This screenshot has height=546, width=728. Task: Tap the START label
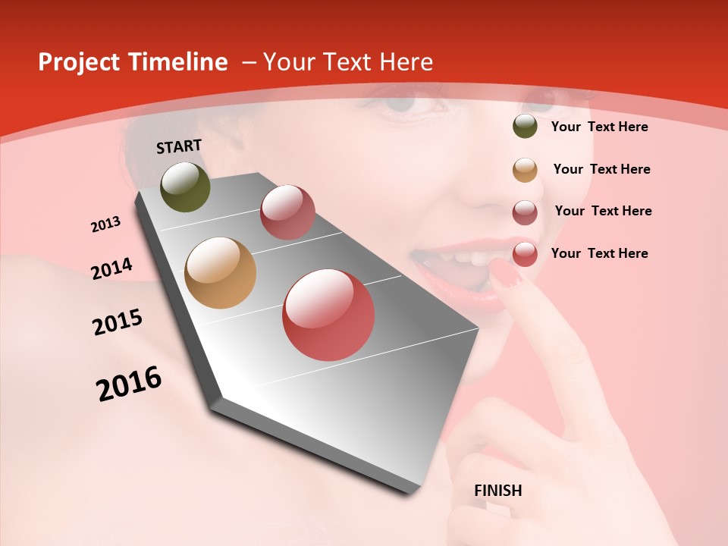179,146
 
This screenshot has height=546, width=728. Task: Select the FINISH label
497,491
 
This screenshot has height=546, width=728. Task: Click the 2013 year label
105,224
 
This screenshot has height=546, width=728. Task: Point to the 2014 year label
111,268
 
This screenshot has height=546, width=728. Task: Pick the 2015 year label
118,322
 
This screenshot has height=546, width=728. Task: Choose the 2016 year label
129,383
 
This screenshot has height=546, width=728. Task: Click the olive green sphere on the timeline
186,187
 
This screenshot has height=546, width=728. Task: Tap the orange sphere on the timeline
221,273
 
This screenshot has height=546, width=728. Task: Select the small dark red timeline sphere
287,212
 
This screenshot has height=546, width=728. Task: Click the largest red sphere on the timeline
328,315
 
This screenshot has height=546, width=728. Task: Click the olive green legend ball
525,127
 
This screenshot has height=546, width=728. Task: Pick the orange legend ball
525,170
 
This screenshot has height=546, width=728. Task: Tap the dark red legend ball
525,212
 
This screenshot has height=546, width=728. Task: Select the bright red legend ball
525,255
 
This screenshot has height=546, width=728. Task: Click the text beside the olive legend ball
599,127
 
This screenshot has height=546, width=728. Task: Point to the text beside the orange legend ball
601,169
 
